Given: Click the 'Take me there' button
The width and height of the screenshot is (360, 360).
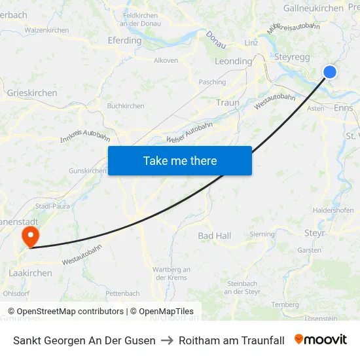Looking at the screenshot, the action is click(x=180, y=160).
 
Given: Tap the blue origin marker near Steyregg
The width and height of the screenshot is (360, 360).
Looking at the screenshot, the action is click(x=330, y=72).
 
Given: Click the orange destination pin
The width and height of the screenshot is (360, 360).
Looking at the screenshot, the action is click(x=30, y=236).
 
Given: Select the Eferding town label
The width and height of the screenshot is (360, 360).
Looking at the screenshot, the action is click(x=124, y=41).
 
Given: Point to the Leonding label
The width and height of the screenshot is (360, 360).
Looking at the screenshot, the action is click(x=233, y=62).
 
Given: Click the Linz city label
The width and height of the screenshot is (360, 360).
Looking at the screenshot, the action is click(x=251, y=43).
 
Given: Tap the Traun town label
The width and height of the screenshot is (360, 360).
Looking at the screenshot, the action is click(x=227, y=103).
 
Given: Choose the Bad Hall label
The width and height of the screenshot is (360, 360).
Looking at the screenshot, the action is click(x=215, y=236).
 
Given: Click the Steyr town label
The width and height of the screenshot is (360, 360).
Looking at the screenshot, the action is click(x=315, y=232).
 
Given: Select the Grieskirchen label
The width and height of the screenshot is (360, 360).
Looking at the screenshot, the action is click(x=32, y=93).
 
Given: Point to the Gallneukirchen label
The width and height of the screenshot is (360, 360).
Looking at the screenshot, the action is click(x=313, y=9).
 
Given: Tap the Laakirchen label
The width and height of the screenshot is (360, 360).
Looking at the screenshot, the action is click(x=31, y=273).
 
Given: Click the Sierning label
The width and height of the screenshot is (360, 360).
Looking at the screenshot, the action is click(x=262, y=234).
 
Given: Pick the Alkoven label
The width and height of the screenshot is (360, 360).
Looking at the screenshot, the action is click(x=166, y=60).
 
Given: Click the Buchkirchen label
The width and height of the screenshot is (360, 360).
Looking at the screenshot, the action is click(x=125, y=105).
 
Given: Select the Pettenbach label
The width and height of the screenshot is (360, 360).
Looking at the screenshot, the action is click(x=122, y=293).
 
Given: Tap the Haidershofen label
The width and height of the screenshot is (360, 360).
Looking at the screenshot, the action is click(x=333, y=211).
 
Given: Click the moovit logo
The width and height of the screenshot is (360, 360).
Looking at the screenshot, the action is click(x=321, y=340).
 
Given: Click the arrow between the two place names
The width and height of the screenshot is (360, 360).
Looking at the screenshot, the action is click(x=167, y=340).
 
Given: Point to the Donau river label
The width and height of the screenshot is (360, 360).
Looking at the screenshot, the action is click(x=216, y=39).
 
